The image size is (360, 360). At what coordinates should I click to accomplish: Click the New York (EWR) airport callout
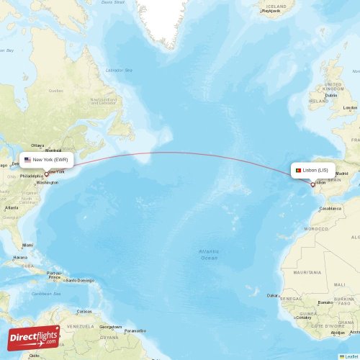[x=48, y=159]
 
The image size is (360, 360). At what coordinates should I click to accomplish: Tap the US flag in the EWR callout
[x=27, y=159]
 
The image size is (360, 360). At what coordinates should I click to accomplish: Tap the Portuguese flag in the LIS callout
[x=297, y=171]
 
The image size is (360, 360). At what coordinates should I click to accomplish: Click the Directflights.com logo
[x=34, y=337]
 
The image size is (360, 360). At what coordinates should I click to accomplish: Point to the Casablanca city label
[x=331, y=207]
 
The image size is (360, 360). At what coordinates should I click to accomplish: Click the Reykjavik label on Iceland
[x=271, y=11]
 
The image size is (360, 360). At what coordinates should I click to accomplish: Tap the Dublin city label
[x=331, y=95]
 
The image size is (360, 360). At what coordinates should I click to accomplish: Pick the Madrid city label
[x=343, y=174]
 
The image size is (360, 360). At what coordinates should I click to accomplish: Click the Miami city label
[x=27, y=245]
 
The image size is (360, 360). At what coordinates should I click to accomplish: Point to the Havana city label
[x=20, y=257]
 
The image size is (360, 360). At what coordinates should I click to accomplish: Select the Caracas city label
[x=85, y=311]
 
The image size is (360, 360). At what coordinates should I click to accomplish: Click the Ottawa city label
[x=37, y=145]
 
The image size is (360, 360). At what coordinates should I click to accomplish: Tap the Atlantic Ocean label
[x=209, y=254]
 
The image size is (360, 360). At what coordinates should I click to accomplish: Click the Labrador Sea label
[x=120, y=71]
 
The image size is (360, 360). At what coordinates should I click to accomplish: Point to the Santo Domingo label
[x=80, y=280]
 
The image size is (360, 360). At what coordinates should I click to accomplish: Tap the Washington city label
[x=47, y=182]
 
